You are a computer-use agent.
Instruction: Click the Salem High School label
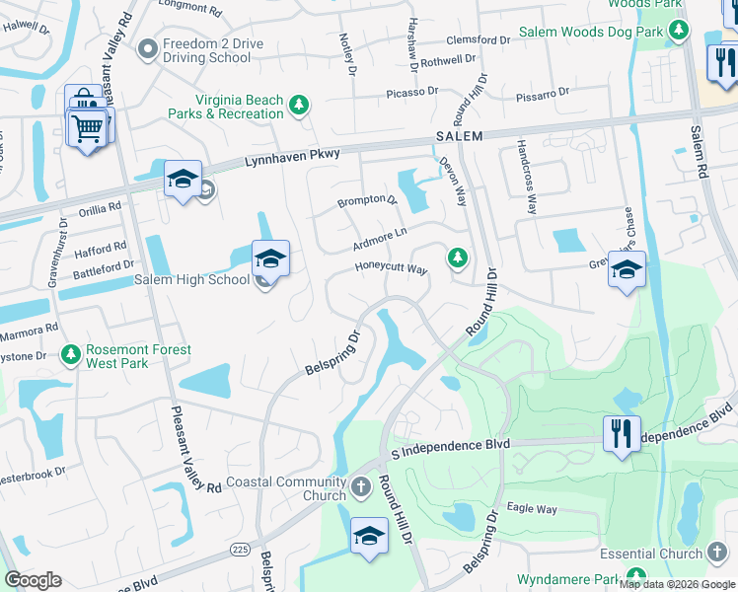click(191, 280)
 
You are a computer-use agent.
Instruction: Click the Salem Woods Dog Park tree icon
click(677, 30)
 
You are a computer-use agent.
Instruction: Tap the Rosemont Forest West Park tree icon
click(70, 353)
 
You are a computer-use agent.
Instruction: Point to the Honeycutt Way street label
click(391, 269)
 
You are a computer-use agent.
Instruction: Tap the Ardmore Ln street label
click(379, 239)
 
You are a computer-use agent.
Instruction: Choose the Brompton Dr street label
click(367, 201)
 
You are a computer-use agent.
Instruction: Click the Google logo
click(33, 580)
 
